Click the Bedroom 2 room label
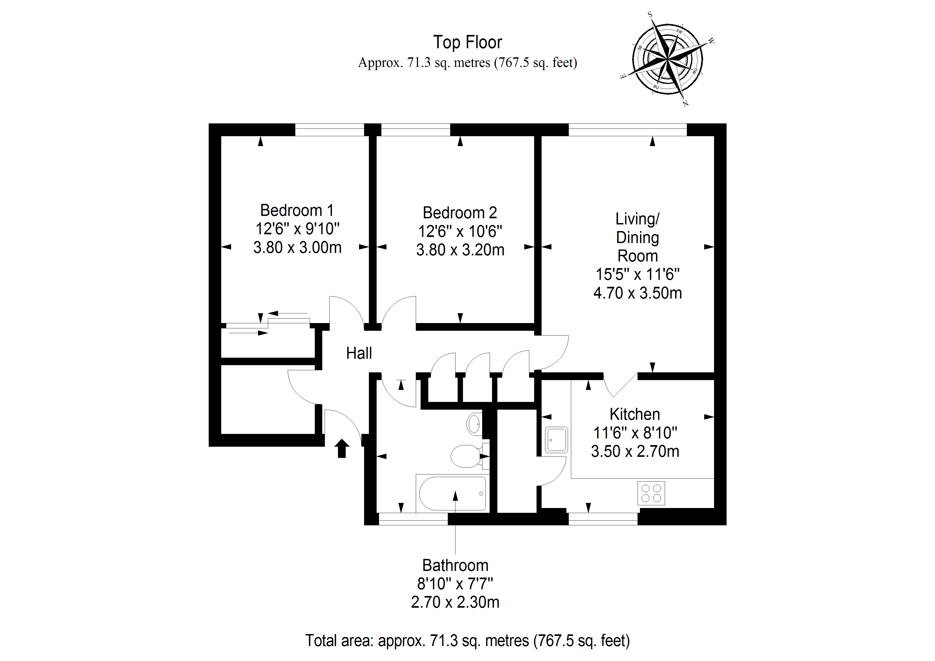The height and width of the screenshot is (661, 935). click(460, 213)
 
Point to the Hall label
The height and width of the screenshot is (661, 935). click(359, 353)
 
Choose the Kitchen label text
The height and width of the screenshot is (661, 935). click(634, 414)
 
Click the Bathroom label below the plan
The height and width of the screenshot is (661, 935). click(455, 565)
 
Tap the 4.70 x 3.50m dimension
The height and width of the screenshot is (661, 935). click(637, 293)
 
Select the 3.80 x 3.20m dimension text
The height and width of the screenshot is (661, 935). click(460, 250)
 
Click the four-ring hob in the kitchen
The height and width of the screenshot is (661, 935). click(651, 493)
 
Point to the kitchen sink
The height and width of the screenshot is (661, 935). click(556, 440)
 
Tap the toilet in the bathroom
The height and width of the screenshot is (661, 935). click(466, 456)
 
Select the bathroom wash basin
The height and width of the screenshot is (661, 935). click(474, 424)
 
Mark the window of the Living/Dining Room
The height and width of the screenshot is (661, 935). click(627, 130)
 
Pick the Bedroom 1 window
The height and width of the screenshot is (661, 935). click(329, 130)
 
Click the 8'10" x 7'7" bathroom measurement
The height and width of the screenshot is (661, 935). click(455, 584)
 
